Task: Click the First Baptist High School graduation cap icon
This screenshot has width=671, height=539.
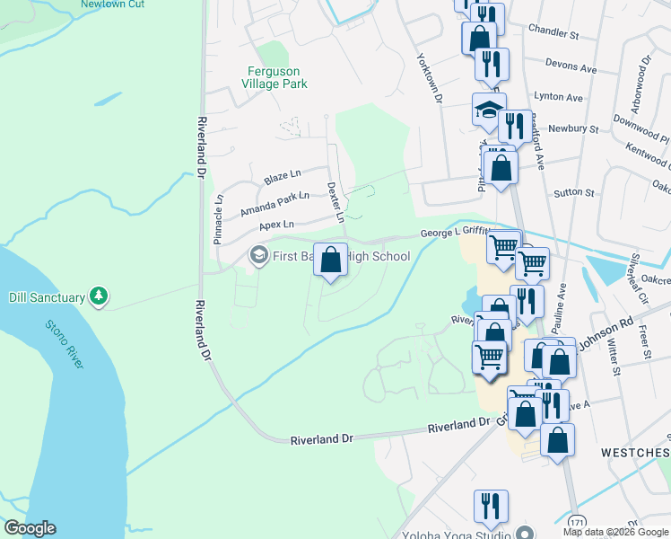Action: point(258,257)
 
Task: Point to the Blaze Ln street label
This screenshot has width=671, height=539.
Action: point(283,176)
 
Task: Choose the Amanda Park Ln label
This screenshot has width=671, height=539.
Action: point(274,203)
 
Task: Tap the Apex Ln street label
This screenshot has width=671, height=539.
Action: point(275,225)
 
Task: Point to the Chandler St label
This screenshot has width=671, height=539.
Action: point(553,32)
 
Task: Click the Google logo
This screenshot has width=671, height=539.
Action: point(29,529)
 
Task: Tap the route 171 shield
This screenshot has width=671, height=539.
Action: point(577,520)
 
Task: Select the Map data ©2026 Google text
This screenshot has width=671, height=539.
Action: point(615,532)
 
